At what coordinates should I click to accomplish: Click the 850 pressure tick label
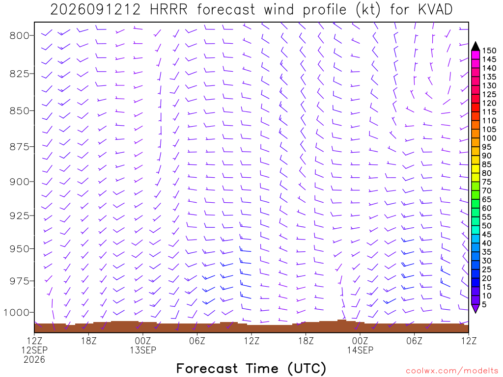point(20,111)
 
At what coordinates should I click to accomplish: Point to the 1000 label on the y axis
point(17,313)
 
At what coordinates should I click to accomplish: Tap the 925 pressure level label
point(20,216)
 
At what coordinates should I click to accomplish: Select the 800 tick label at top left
point(20,35)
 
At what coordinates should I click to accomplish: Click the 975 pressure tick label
point(20,281)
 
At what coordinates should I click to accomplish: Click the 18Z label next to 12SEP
point(89,341)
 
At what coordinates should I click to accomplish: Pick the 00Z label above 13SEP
point(143,341)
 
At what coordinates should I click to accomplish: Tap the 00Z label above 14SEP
point(360,341)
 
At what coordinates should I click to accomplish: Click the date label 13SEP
point(143,350)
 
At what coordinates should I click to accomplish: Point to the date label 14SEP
point(360,350)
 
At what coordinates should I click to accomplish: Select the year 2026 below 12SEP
point(35,360)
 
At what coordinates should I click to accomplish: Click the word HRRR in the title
point(169,10)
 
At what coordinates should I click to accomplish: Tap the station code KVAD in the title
point(435,10)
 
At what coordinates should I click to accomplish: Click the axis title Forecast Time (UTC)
point(251,368)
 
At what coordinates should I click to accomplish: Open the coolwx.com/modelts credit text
point(452,371)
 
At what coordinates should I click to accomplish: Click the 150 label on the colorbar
point(489,51)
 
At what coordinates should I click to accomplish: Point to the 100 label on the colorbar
point(489,138)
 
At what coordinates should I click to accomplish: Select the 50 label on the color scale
point(487,226)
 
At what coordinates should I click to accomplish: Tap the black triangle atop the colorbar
point(475,46)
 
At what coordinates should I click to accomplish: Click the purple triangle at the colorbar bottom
point(475,308)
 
